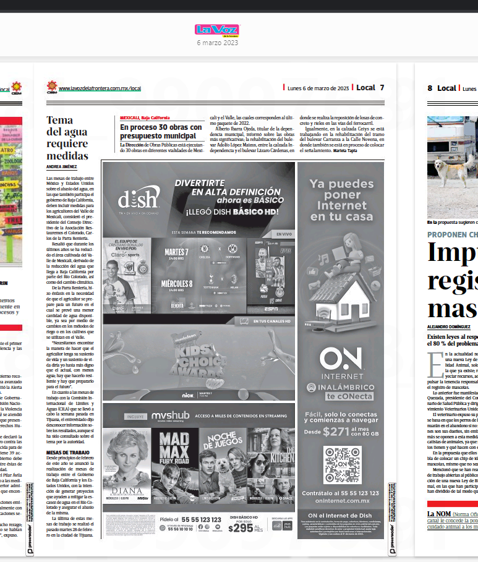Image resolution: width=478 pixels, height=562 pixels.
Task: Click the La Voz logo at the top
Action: (216, 30)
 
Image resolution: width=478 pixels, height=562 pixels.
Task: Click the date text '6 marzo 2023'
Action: (216, 43)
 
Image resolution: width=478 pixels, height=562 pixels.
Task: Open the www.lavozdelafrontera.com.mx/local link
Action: (100, 88)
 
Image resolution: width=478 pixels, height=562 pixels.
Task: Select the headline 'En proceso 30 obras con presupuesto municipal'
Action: (161, 131)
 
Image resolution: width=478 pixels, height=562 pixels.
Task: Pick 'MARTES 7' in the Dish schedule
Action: (176, 252)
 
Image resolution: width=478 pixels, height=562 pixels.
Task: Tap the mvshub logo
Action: (171, 415)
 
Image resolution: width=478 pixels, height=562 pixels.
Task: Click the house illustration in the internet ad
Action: (341, 290)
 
